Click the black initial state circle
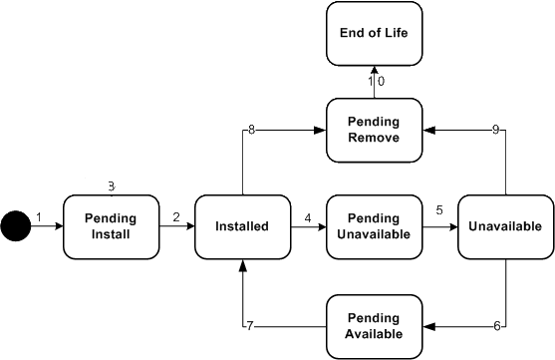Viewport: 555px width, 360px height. click(15, 226)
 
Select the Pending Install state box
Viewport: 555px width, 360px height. click(111, 226)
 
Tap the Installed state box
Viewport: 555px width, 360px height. click(242, 226)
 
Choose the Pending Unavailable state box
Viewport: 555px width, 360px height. click(374, 226)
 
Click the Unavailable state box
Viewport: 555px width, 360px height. click(505, 226)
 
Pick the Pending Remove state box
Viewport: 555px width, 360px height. click(374, 130)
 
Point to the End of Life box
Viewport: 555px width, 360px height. click(374, 33)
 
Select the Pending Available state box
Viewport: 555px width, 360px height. click(374, 325)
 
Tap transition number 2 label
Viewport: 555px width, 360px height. click(175, 216)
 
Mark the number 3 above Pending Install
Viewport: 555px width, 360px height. click(112, 186)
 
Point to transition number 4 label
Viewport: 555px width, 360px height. click(308, 216)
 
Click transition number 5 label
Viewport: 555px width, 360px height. click(438, 211)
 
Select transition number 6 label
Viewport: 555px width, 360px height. click(496, 326)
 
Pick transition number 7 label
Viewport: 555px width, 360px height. click(251, 326)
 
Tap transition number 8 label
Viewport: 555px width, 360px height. click(251, 130)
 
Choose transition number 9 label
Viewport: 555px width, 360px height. click(496, 130)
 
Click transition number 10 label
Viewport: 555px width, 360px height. click(375, 82)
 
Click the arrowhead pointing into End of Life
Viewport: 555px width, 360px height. click(374, 71)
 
